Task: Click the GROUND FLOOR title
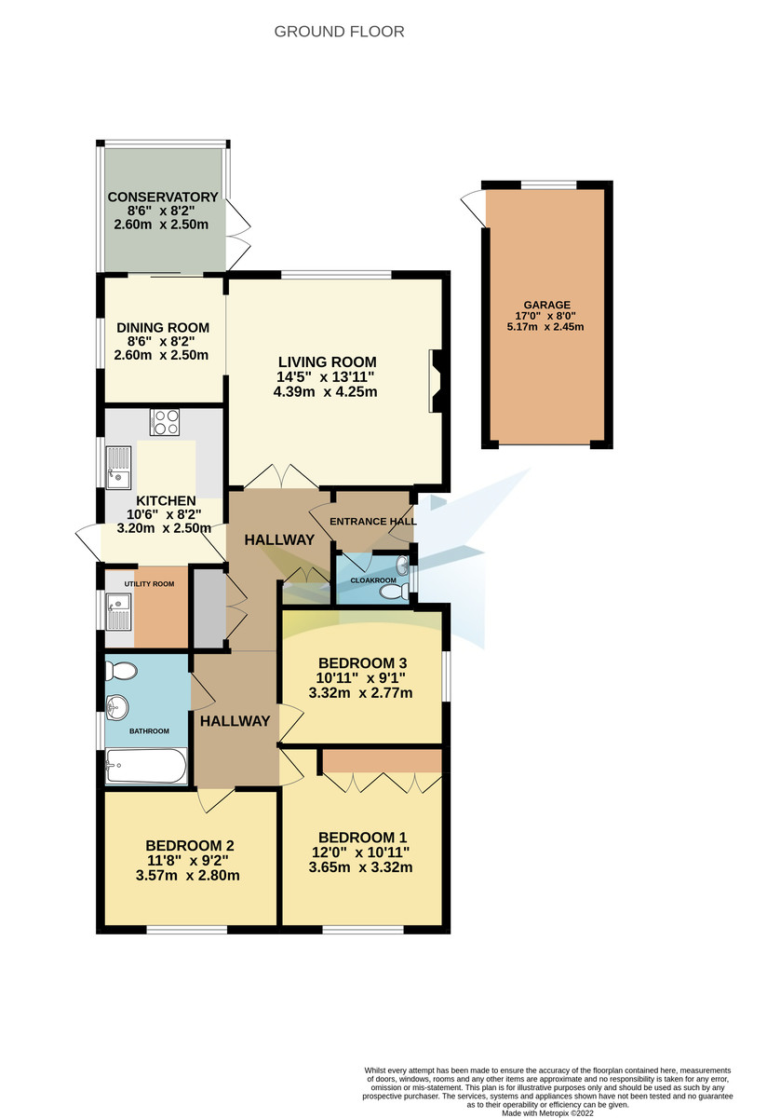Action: [339, 32]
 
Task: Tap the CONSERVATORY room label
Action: [163, 198]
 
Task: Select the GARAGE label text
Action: [546, 305]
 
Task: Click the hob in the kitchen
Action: [165, 423]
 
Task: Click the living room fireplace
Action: [435, 380]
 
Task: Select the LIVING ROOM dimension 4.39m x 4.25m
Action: [325, 391]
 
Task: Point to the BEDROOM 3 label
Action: [361, 662]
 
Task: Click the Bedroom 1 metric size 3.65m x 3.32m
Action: [362, 867]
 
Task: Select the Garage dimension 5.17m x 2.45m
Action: [546, 327]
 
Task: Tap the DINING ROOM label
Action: [163, 328]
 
